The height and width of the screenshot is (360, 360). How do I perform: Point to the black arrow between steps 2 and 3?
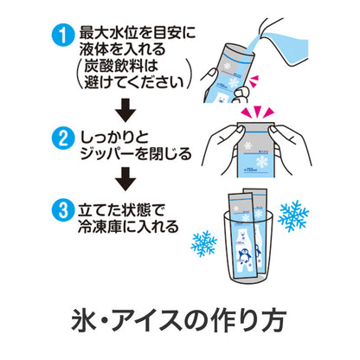coord(126,178)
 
